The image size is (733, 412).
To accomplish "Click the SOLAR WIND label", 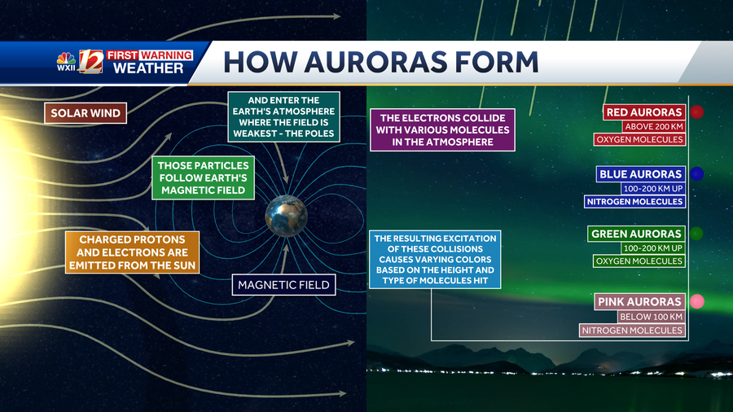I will [x=86, y=113].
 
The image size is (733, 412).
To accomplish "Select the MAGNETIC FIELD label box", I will [x=283, y=284].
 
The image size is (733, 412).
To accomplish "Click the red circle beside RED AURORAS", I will [x=696, y=112].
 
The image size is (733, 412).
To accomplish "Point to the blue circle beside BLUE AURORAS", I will [x=696, y=173].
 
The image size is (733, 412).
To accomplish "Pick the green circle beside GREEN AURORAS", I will [x=696, y=234].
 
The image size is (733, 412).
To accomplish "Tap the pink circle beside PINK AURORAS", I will [x=696, y=301].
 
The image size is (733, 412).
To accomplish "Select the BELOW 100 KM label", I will [x=651, y=316].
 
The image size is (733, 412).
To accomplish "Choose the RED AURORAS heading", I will [x=643, y=112].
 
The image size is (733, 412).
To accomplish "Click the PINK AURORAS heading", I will [x=639, y=301].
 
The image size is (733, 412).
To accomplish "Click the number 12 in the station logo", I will [x=90, y=62].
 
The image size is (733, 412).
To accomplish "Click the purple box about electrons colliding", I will [x=442, y=129].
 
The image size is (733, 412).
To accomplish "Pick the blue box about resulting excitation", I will [x=434, y=260].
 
